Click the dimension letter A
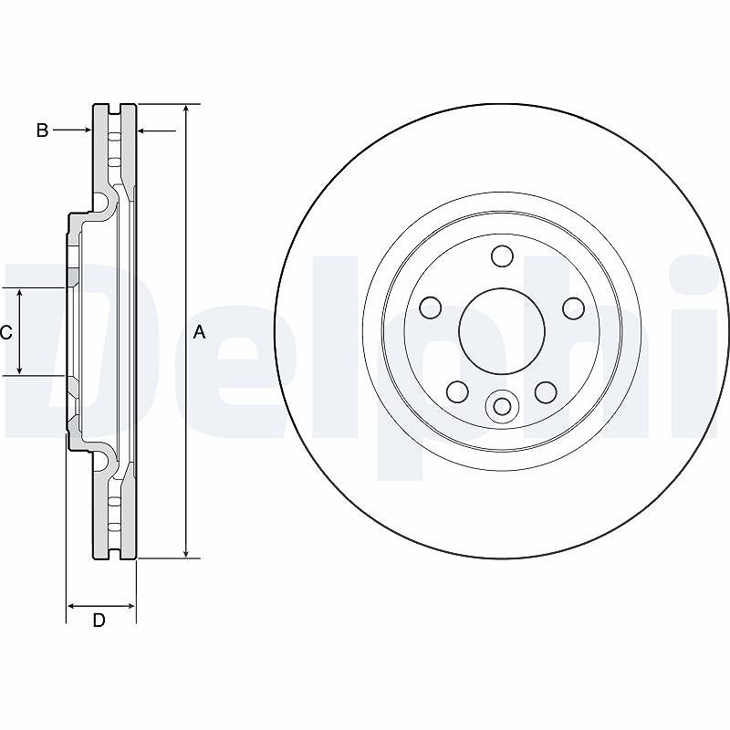199,332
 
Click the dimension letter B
42,130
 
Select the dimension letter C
5,332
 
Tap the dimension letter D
99,620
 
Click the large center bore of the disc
502,331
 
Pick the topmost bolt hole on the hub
503,256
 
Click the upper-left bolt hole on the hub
431,308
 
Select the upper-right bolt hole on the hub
574,308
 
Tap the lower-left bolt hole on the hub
457,392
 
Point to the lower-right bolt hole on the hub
546,392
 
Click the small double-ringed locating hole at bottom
502,406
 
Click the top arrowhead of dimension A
186,109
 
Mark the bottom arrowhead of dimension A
186,552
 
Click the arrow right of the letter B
72,130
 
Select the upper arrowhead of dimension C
19,294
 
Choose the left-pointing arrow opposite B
157,130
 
